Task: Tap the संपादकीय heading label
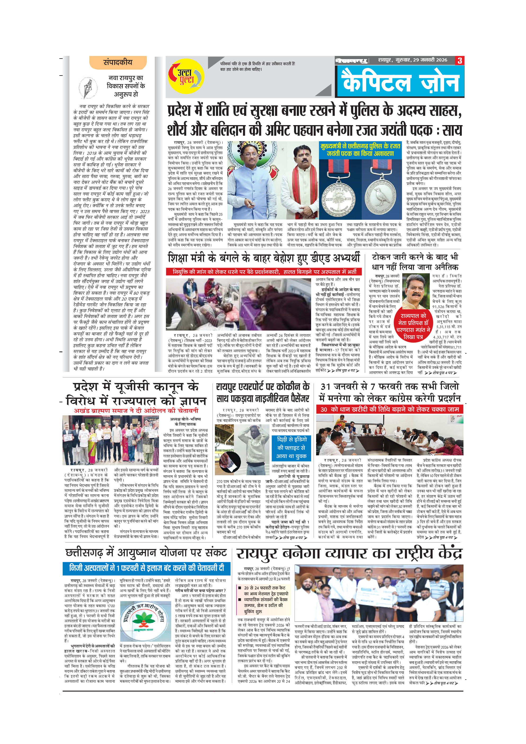(118, 63)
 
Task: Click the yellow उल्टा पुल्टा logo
(186, 77)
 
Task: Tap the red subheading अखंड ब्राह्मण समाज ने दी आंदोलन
(136, 411)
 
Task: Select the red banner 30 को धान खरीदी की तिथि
(389, 409)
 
